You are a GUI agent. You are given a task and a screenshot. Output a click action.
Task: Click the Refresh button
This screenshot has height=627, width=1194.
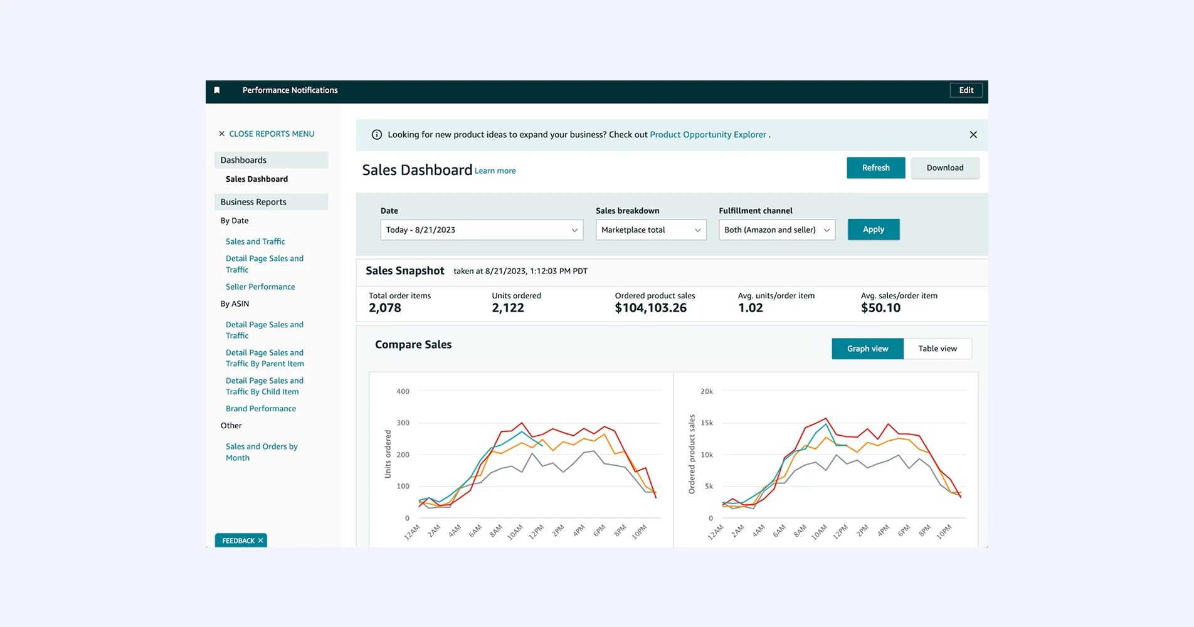pos(875,168)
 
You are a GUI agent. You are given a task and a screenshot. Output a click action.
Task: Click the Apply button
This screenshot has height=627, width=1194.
pos(873,229)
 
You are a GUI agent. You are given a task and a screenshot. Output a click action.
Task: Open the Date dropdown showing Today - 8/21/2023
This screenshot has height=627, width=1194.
pos(481,230)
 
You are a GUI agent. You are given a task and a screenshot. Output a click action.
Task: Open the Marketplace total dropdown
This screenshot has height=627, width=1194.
pos(650,230)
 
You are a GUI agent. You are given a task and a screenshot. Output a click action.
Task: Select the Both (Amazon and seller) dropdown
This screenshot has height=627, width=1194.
pos(776,230)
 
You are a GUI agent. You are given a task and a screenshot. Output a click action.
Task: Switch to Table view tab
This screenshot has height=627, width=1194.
pos(937,349)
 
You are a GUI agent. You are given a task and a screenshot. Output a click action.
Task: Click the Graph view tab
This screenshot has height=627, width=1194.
pos(867,349)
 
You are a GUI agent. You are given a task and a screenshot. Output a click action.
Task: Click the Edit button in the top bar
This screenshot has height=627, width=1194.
pos(966,90)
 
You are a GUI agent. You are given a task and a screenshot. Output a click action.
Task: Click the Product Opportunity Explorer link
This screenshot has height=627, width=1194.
pos(708,135)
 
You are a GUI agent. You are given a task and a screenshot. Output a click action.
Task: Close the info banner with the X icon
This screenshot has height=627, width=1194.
pos(973,135)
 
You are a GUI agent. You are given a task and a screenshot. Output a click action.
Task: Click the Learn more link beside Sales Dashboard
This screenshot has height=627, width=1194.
pos(495,171)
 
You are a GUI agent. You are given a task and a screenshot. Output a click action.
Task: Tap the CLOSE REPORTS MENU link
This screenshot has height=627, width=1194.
pos(271,134)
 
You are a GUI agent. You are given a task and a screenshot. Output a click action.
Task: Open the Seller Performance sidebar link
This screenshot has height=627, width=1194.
pos(260,287)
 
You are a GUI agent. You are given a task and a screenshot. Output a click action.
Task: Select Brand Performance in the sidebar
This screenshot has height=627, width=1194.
pos(261,409)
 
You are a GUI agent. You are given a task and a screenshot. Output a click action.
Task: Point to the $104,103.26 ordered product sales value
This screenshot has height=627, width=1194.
pos(650,308)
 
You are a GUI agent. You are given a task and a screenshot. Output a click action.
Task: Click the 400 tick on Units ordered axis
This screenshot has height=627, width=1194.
pos(403,391)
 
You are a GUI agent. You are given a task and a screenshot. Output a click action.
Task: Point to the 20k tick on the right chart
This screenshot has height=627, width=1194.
pos(706,391)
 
